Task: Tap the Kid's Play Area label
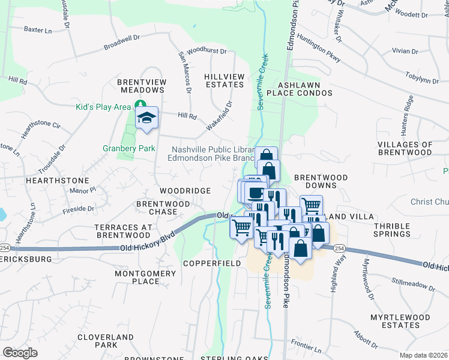click(x=103, y=107)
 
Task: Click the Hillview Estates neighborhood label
click(x=224, y=81)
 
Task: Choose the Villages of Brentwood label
click(x=405, y=148)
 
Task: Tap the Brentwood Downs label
click(x=321, y=182)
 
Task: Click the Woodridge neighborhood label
click(x=185, y=191)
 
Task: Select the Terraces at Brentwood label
click(x=123, y=231)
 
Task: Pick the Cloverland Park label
click(x=97, y=341)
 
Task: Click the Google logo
click(x=20, y=353)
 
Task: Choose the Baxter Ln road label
click(x=37, y=29)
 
